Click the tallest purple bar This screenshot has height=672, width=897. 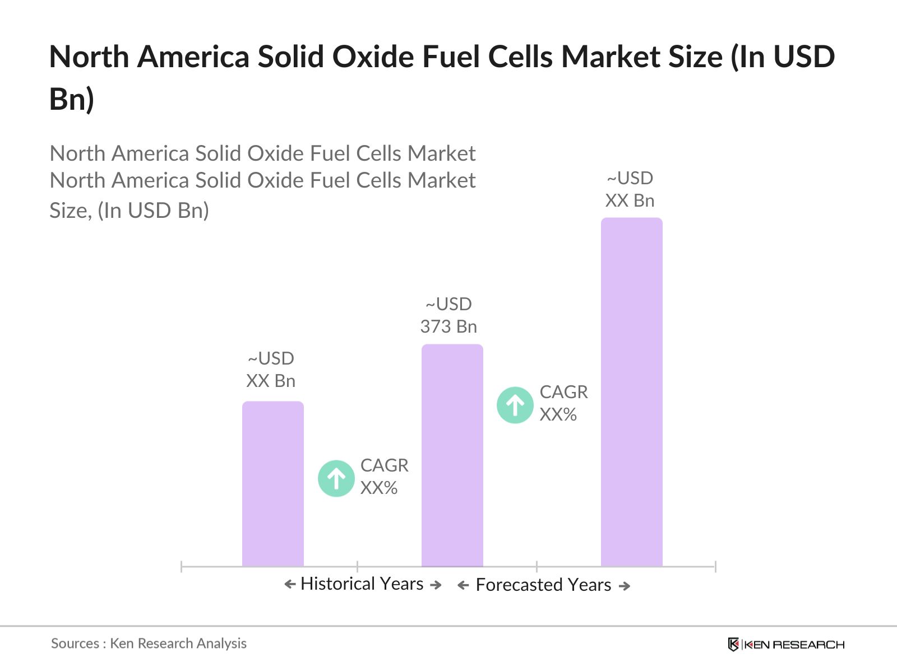coord(631,392)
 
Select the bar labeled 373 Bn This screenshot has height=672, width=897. coord(452,455)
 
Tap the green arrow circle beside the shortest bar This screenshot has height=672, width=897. coord(336,478)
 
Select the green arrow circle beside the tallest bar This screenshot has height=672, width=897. coord(515,404)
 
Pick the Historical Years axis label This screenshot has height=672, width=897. coord(362,584)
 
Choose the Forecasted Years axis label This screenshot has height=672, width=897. coord(543,585)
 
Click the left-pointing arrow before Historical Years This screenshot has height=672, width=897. coord(290,584)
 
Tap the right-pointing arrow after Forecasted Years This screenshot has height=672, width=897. coord(625,586)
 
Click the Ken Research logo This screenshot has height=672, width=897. coord(786,644)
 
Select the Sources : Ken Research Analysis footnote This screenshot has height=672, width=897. coord(149,643)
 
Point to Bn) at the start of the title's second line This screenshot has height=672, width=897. coord(72,99)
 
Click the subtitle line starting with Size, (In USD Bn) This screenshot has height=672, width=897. coord(129,211)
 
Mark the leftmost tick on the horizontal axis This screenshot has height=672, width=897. coord(182,566)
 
